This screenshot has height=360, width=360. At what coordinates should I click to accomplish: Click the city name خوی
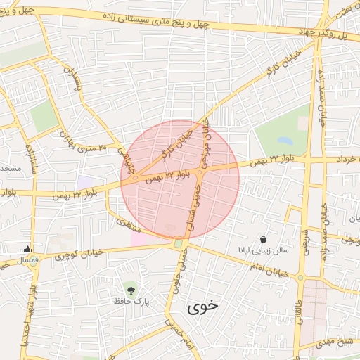pyautogui.click(x=203, y=307)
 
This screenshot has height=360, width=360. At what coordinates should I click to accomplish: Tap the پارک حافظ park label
pyautogui.click(x=133, y=301)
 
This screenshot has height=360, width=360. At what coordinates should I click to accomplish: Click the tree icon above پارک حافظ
pyautogui.click(x=129, y=288)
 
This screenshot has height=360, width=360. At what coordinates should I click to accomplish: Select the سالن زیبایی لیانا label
pyautogui.click(x=262, y=250)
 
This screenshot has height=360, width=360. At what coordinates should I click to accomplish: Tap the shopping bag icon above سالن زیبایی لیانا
pyautogui.click(x=263, y=239)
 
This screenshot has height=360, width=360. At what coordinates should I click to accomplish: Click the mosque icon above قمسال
pyautogui.click(x=27, y=248)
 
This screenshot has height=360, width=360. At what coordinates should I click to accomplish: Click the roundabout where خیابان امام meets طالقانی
pyautogui.click(x=301, y=278)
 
